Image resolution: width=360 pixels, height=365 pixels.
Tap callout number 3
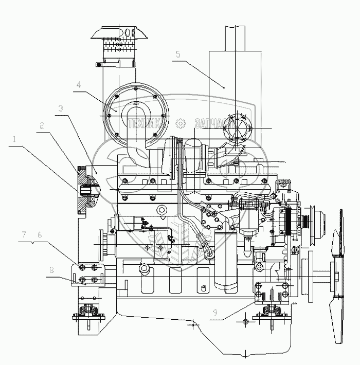61,108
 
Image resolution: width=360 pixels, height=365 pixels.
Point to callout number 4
79,84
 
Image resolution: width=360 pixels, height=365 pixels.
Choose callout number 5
177,53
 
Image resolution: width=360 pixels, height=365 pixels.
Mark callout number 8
51,269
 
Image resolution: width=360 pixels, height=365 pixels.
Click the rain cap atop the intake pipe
119,33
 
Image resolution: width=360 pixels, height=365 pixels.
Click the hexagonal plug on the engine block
163,211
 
